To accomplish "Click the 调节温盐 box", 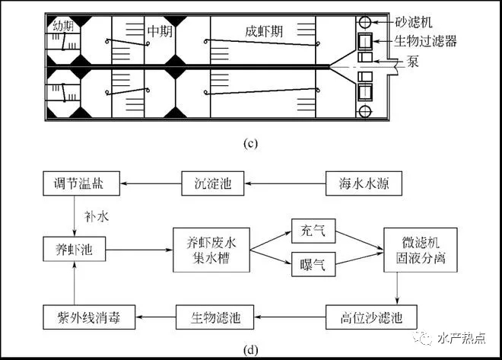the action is [81, 183].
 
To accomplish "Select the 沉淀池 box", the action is [212, 183].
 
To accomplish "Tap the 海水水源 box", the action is [364, 183].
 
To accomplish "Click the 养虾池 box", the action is [75, 249].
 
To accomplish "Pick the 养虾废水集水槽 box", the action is [211, 250].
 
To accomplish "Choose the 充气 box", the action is [313, 231].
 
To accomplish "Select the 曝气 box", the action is [313, 264].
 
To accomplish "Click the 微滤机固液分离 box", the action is [421, 250].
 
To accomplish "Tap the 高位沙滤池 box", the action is [371, 317].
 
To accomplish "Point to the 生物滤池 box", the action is [214, 317].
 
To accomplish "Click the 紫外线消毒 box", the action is [89, 317].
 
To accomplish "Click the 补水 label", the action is [97, 217].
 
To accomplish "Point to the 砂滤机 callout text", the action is [414, 22].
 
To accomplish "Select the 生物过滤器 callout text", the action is [425, 41].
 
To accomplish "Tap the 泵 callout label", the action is [413, 61].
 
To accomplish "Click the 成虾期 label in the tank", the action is [264, 31].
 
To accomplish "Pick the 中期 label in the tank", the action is [160, 31].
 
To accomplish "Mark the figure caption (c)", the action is [250, 143].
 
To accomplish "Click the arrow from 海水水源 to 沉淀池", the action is [285, 183].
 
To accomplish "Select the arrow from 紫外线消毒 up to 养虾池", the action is [75, 283].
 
